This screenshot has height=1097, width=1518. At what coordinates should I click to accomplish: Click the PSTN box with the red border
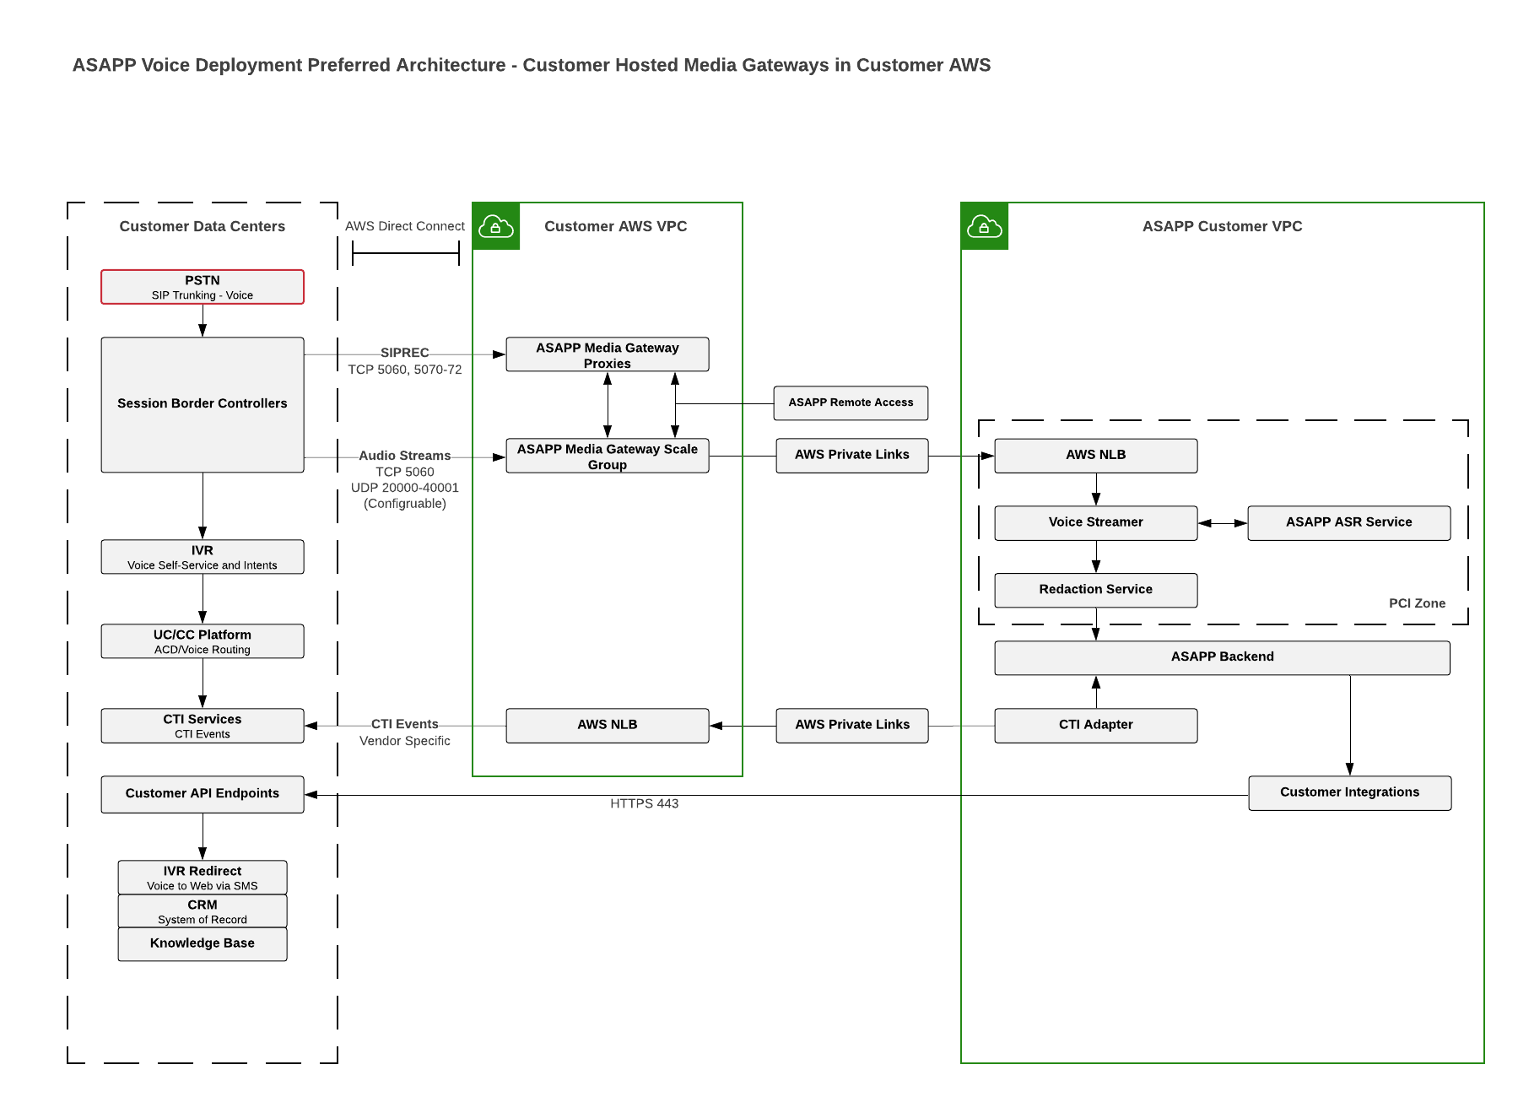203,287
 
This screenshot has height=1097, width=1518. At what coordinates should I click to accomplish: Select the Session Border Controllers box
203,404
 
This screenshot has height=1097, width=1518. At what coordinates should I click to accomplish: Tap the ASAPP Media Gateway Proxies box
607,354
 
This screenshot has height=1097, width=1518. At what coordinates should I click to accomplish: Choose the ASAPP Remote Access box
851,403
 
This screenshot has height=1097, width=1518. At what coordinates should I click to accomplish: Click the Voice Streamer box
1095,522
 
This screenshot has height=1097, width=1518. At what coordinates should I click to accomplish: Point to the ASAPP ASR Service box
1348,522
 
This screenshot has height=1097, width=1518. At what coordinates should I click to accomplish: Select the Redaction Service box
1095,590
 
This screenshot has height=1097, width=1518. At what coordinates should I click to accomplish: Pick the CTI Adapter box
1095,725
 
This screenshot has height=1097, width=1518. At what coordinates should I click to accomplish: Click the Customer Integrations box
1349,792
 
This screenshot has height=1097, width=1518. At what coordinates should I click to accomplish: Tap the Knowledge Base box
203,943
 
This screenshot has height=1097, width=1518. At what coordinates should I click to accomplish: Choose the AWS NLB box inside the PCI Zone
1095,455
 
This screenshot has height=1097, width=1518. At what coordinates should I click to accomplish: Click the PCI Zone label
1417,603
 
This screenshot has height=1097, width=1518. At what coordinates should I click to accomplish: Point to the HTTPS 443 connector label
644,803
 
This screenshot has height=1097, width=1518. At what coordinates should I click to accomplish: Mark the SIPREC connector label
404,353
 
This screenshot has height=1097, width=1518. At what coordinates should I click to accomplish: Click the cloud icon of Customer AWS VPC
495,226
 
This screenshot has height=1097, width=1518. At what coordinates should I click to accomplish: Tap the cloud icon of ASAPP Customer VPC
984,226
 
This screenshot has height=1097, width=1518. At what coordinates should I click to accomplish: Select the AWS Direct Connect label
404,226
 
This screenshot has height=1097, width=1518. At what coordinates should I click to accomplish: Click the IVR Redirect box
203,877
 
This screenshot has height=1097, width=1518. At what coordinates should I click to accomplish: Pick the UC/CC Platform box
203,640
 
